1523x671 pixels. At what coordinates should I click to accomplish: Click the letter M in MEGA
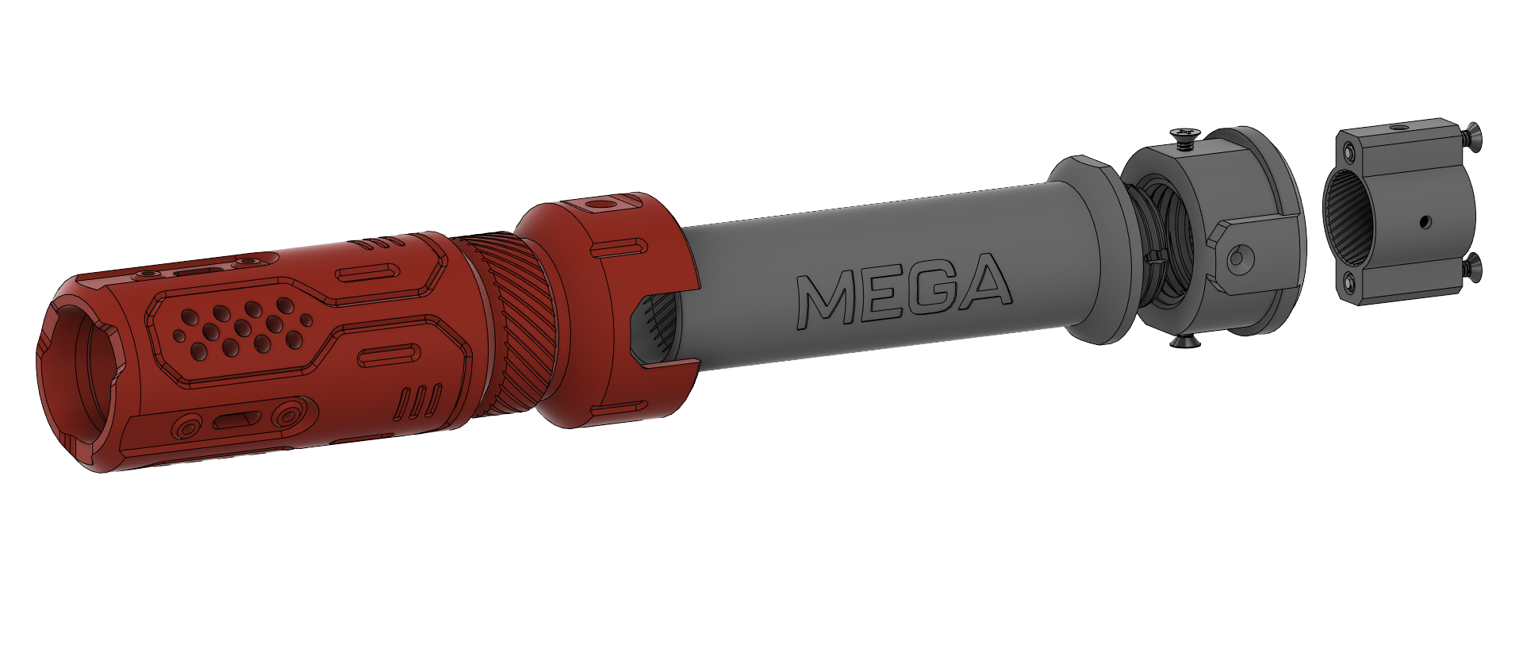coord(826,301)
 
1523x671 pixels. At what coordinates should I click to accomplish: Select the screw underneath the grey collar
coord(1185,342)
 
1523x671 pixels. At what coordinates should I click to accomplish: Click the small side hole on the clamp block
coord(1425,221)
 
